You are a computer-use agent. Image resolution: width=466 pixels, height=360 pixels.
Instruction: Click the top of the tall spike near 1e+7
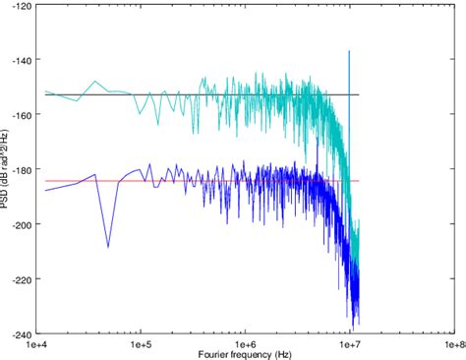pos(349,51)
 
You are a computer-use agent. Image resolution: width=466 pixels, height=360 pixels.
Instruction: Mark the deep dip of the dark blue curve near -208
pos(108,247)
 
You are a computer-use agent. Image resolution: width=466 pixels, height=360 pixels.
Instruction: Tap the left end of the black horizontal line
pos(46,94)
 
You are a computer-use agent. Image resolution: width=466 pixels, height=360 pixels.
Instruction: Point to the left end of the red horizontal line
pos(46,181)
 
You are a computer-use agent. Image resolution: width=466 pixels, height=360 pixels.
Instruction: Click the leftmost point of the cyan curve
pos(46,91)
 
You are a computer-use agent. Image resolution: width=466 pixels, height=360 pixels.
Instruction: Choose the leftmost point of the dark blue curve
pos(46,190)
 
